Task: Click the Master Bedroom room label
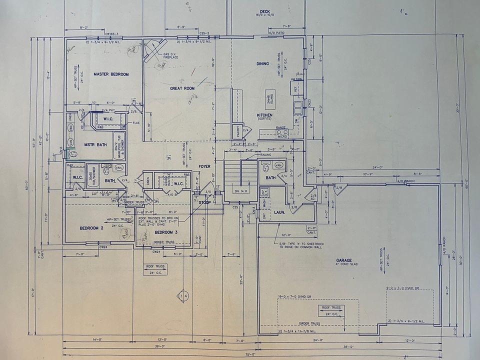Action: [x=111, y=74]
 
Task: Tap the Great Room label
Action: [x=182, y=88]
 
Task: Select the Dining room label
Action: [x=262, y=63]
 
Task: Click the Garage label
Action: [x=344, y=260]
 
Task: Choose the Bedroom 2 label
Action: [x=91, y=228]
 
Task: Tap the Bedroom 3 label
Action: [x=166, y=232]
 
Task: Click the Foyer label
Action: [x=205, y=166]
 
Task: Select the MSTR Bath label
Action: [x=95, y=145]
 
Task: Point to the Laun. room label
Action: [x=279, y=212]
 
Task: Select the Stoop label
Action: [x=205, y=203]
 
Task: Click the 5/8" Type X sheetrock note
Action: [x=299, y=245]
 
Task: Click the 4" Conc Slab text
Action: [x=344, y=265]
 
